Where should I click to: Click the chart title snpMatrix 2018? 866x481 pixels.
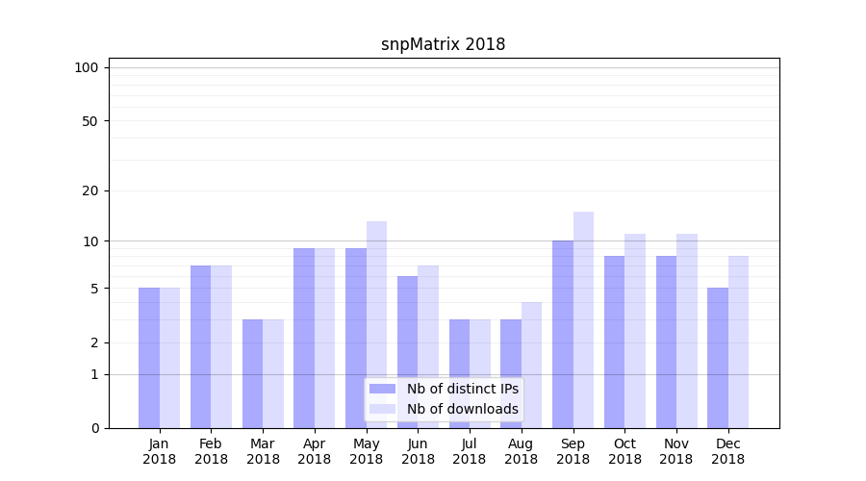coord(443,44)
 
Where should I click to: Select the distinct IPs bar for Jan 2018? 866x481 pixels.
coord(149,358)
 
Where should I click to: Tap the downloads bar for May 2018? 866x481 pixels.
coord(376,324)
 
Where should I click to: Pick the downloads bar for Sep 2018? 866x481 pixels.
coord(583,319)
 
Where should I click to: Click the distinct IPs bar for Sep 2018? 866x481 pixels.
coord(563,334)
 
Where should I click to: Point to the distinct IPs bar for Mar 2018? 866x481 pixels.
coord(252,373)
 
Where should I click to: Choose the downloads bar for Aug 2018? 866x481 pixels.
coord(531,365)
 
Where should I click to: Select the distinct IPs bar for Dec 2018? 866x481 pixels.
coord(718,358)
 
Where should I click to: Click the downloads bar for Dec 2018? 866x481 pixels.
coord(738,342)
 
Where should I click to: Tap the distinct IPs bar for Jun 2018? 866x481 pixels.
coord(408,352)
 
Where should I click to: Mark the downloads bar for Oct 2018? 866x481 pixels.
coord(635,331)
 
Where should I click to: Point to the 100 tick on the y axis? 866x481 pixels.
coord(87,67)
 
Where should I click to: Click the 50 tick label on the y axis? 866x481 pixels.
coord(89,121)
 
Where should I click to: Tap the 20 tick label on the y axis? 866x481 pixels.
coord(89,190)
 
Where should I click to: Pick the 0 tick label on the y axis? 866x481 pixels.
coord(94,428)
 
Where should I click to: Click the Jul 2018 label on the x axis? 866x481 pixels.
coord(470,451)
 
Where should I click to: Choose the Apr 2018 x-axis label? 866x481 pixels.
coord(315,451)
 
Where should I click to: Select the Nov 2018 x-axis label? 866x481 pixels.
coord(676,451)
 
